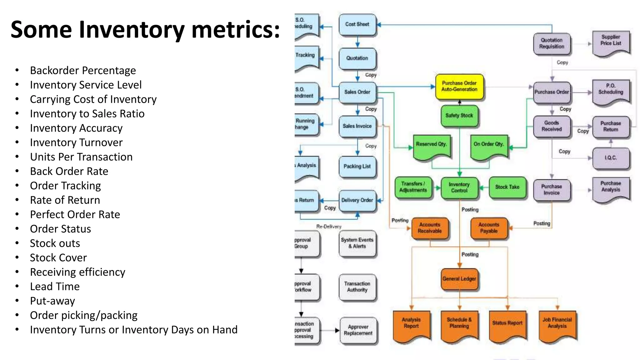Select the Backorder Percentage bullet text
click(x=83, y=71)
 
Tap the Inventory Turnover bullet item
click(x=76, y=142)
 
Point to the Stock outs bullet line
click(x=55, y=243)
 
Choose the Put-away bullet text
click(x=52, y=301)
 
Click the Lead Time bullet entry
click(x=55, y=287)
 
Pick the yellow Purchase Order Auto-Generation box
click(x=459, y=87)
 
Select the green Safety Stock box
click(x=459, y=116)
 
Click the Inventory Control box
click(x=459, y=187)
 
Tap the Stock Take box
click(x=507, y=187)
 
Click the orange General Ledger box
click(x=459, y=279)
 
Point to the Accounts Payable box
click(x=489, y=228)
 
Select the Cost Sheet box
click(x=357, y=24)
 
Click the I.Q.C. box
click(x=611, y=158)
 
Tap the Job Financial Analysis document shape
click(x=557, y=323)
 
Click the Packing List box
click(x=357, y=167)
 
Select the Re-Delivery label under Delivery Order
click(x=329, y=227)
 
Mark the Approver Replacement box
click(x=358, y=330)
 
